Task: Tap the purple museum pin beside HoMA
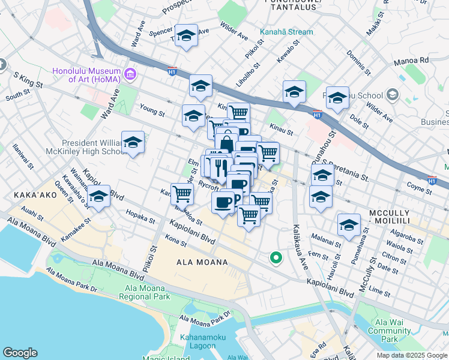click(x=130, y=75)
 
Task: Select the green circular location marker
click(x=276, y=258)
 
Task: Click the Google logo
click(x=20, y=353)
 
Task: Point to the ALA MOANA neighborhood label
click(x=202, y=262)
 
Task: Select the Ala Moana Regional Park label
click(x=146, y=292)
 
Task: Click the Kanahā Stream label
click(x=286, y=32)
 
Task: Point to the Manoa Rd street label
click(x=411, y=61)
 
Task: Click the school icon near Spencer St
click(x=186, y=35)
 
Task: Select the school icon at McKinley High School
click(x=133, y=142)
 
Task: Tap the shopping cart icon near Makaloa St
click(x=182, y=194)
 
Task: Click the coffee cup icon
click(x=223, y=202)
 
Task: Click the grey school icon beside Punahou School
click(x=393, y=95)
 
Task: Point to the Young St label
click(x=152, y=112)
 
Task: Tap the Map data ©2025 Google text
click(x=411, y=355)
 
